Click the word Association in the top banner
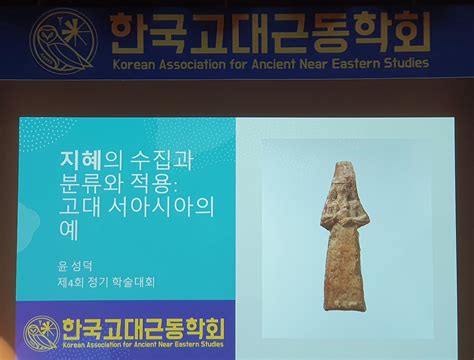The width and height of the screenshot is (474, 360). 191,65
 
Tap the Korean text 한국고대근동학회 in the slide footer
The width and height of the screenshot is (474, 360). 143,329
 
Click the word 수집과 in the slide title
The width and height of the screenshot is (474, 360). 160,160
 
